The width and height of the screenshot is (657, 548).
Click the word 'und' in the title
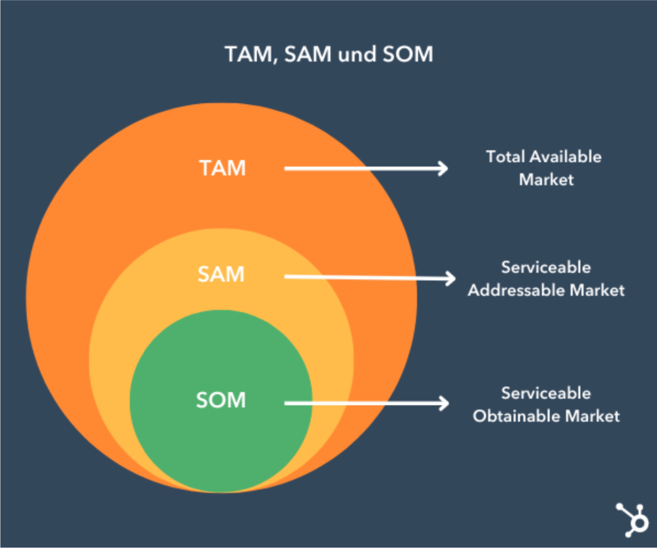click(x=357, y=54)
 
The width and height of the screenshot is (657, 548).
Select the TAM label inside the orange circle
click(x=223, y=168)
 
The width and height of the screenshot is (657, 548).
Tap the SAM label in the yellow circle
click(x=221, y=274)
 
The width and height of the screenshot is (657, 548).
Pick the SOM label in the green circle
click(x=221, y=400)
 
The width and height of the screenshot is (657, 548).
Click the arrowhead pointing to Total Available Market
click(x=443, y=169)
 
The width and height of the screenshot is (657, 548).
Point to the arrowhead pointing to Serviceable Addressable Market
click(x=450, y=279)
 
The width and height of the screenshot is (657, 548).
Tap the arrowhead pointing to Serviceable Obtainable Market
click(x=444, y=403)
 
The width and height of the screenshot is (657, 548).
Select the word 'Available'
click(x=565, y=156)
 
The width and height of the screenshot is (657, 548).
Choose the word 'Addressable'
click(x=516, y=290)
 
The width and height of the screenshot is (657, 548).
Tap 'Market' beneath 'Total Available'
click(x=546, y=179)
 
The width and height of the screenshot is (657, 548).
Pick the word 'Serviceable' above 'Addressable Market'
click(x=546, y=267)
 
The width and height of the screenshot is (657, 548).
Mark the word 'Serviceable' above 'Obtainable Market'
click(x=546, y=393)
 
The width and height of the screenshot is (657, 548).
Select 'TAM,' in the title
click(x=251, y=54)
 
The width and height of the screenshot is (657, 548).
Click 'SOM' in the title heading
click(x=408, y=54)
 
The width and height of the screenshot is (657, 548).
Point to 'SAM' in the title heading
click(x=308, y=54)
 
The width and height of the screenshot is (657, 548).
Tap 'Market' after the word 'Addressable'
click(x=597, y=290)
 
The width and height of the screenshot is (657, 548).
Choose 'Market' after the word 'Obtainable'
click(x=593, y=416)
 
